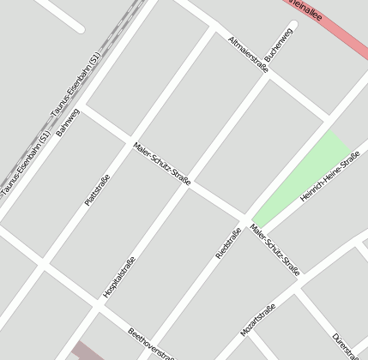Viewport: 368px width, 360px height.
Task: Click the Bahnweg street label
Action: click(68, 123)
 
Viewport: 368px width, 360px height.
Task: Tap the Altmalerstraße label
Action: click(249, 54)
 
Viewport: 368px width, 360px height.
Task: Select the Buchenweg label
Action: click(280, 43)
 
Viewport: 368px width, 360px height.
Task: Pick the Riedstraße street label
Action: click(228, 244)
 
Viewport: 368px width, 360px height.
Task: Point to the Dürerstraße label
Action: click(345, 345)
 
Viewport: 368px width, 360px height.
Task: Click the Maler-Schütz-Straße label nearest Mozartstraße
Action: click(275, 249)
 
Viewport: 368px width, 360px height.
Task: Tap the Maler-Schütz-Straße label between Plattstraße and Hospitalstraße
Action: click(161, 163)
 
